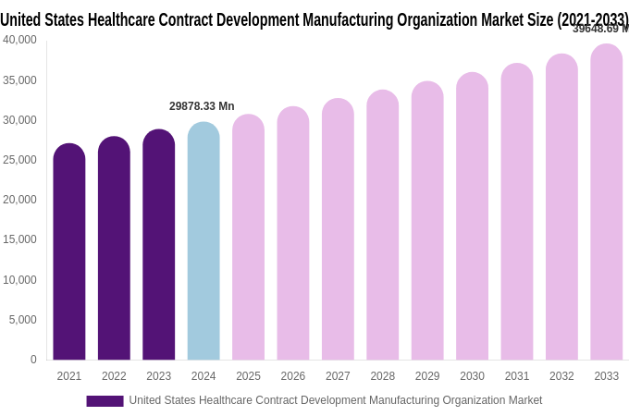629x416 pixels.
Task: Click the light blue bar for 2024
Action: click(203, 240)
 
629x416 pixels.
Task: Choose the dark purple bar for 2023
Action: click(158, 244)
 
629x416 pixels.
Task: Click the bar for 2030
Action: click(472, 216)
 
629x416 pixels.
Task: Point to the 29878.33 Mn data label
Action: click(202, 106)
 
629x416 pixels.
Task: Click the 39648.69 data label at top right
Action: click(599, 29)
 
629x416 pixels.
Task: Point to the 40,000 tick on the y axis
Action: click(19, 40)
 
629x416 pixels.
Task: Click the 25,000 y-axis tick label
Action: click(19, 160)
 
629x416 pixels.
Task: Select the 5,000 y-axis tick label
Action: click(22, 320)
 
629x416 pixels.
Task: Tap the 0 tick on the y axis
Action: click(33, 360)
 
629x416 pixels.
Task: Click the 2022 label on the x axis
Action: click(114, 376)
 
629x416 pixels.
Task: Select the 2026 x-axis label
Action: click(292, 376)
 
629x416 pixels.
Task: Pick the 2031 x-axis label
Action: click(516, 376)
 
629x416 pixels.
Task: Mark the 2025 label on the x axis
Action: click(248, 376)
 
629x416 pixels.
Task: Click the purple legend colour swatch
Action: click(105, 401)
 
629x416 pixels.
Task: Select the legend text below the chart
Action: click(335, 400)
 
